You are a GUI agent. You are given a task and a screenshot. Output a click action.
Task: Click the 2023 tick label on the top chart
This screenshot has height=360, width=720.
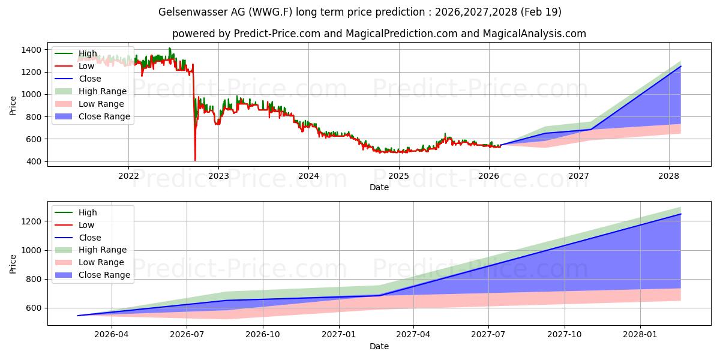[x=218, y=176]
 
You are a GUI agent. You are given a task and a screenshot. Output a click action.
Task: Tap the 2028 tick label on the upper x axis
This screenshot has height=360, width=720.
[x=669, y=176]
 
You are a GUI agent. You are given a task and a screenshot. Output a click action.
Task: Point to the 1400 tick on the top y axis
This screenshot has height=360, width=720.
[x=31, y=50]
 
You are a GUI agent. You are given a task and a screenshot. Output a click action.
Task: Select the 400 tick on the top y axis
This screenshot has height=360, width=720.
[x=34, y=161]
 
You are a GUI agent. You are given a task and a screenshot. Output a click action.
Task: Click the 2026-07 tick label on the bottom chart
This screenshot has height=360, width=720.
[x=187, y=335]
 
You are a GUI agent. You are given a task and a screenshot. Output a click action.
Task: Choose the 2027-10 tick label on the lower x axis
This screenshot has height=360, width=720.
[x=565, y=335]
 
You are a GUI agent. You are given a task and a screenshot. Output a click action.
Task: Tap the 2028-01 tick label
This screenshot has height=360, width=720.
[x=640, y=335]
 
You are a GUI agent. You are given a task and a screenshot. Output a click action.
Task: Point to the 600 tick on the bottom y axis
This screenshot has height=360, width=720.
[x=34, y=308]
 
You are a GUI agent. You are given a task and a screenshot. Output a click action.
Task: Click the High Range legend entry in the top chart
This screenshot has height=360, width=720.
[x=91, y=91]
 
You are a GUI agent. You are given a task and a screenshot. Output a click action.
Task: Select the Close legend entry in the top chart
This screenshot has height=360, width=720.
[x=78, y=79]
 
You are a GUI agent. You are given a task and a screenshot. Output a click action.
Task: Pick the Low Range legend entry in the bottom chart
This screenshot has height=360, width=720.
[x=89, y=262]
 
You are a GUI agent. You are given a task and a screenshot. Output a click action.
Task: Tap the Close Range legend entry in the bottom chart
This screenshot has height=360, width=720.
[x=92, y=275]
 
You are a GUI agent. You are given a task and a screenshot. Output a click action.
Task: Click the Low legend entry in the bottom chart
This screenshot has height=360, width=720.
[x=74, y=225]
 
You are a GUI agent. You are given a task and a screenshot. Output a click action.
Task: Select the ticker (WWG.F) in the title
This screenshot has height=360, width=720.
[x=271, y=12]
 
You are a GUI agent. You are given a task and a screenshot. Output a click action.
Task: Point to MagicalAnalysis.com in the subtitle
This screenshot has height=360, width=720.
[x=534, y=34]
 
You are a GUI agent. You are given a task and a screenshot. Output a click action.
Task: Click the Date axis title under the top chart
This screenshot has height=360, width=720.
[x=379, y=187]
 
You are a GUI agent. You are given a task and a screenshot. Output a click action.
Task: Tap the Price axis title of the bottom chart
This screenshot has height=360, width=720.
[x=13, y=264]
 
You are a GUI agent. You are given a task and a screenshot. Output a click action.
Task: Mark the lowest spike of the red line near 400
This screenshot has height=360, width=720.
[x=195, y=160]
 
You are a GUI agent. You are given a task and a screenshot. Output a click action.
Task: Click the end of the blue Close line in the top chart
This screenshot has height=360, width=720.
[x=680, y=66]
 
